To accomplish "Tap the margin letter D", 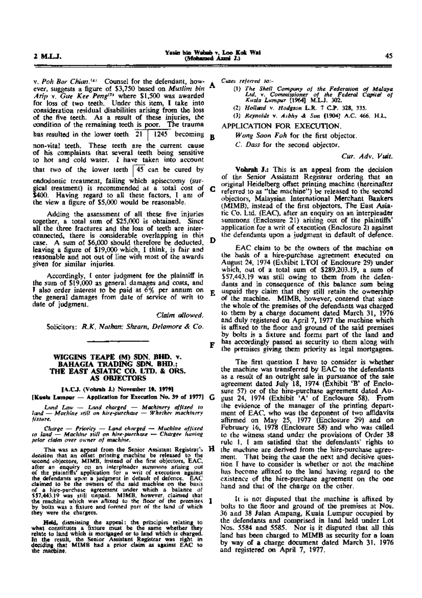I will pyautogui.click(x=212, y=241).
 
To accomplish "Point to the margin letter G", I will pyautogui.click(x=212, y=398).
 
